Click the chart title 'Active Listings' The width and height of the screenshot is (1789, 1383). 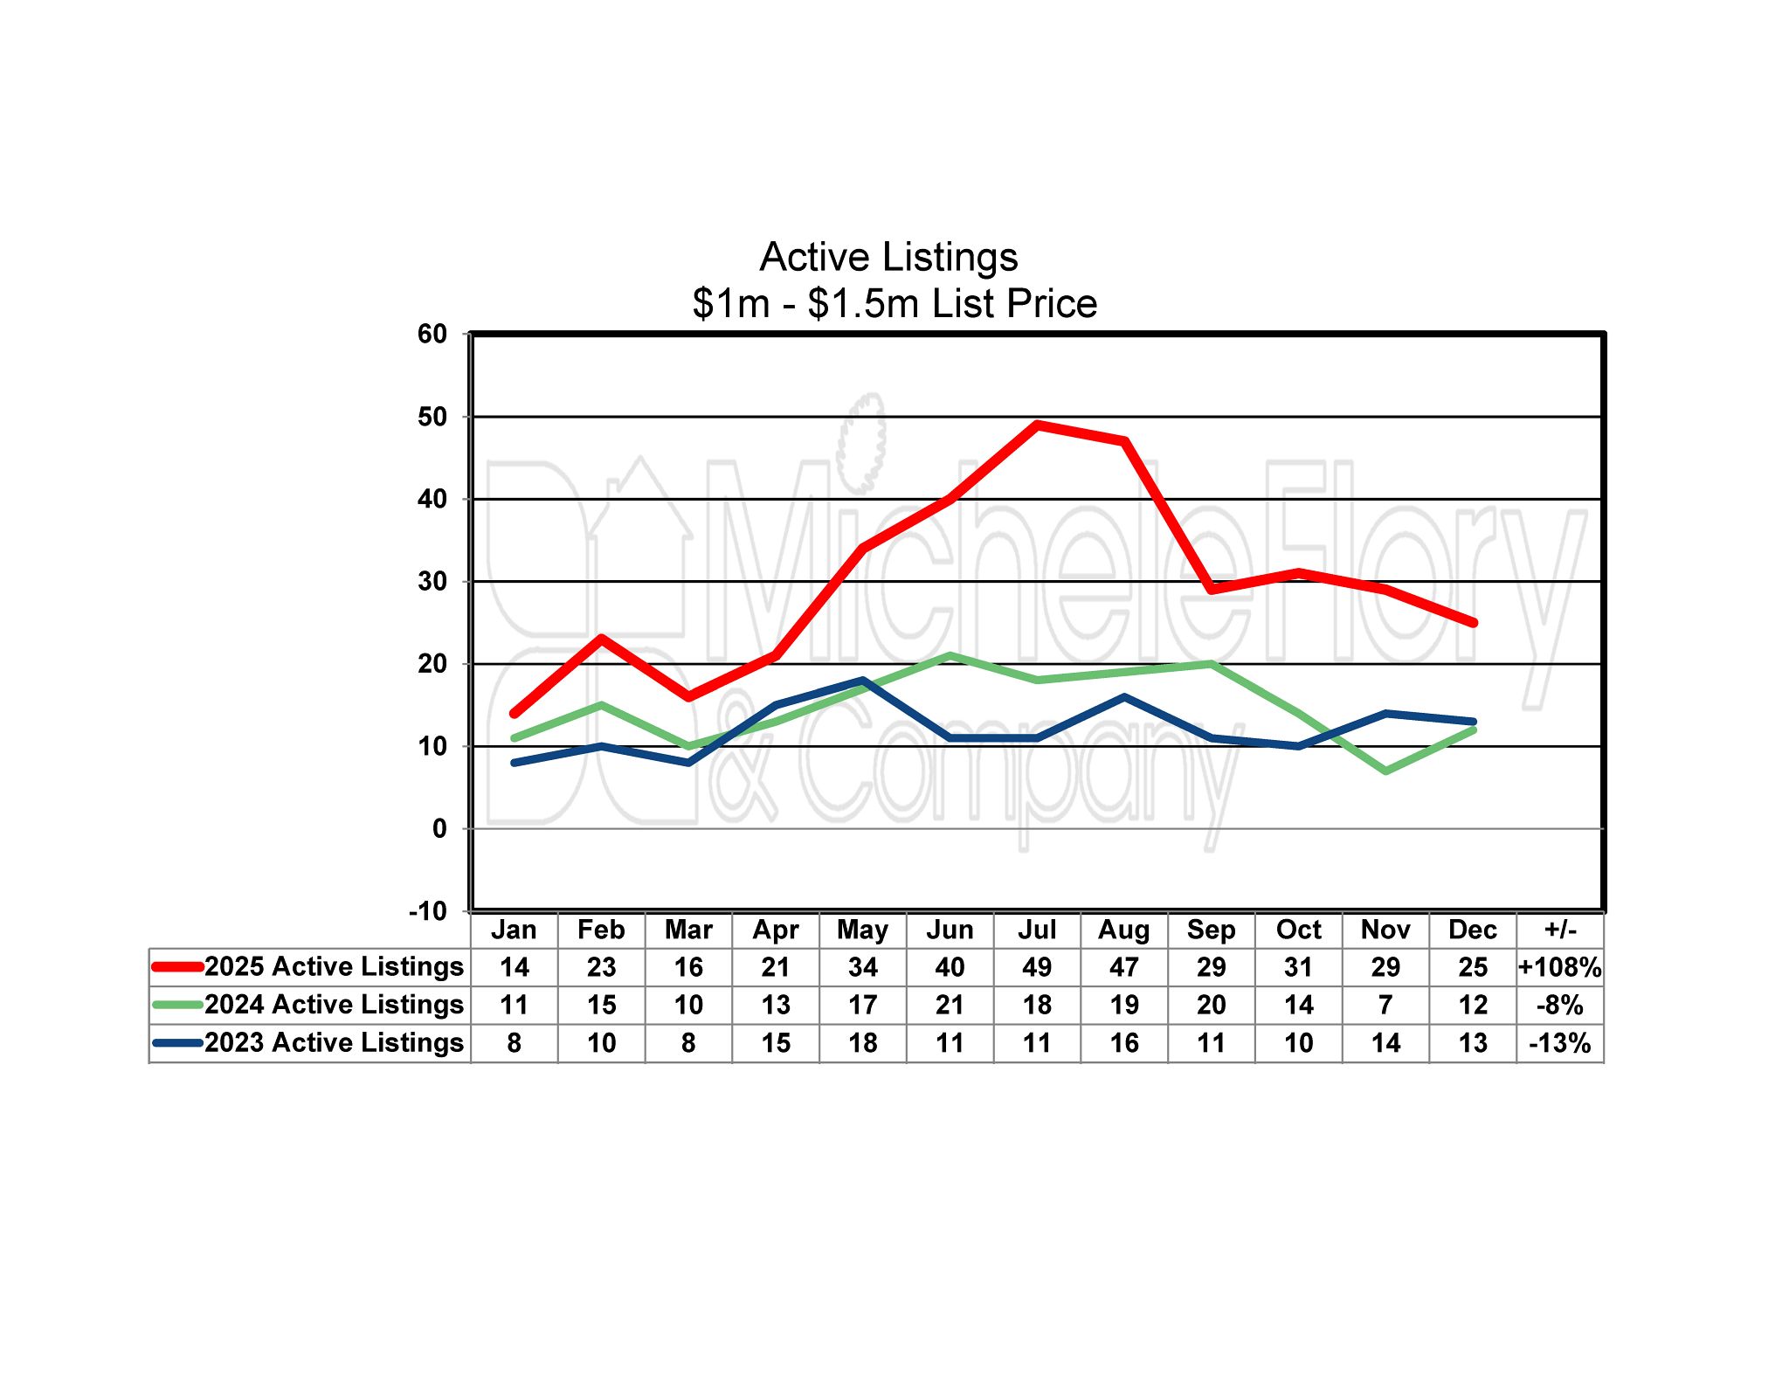pyautogui.click(x=888, y=257)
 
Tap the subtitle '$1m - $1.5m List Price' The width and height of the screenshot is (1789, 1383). pyautogui.click(x=894, y=304)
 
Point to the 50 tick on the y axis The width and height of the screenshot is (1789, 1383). pyautogui.click(x=432, y=417)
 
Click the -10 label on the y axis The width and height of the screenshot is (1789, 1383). pyautogui.click(x=428, y=911)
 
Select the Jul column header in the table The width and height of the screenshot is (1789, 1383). pyautogui.click(x=1037, y=930)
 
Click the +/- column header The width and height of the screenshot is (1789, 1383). pyautogui.click(x=1560, y=930)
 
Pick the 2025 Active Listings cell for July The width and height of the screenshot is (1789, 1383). pyautogui.click(x=1037, y=967)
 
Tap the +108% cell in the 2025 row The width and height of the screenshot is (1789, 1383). pyautogui.click(x=1560, y=967)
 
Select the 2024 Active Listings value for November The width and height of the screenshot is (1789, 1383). pyautogui.click(x=1385, y=1005)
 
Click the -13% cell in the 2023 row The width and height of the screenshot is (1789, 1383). pyautogui.click(x=1560, y=1043)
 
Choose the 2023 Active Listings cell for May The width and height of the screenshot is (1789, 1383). pyautogui.click(x=863, y=1043)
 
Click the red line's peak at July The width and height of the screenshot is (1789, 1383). pyautogui.click(x=1037, y=425)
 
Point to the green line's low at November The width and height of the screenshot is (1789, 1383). pyautogui.click(x=1386, y=771)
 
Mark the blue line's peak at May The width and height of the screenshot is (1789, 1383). pyautogui.click(x=863, y=681)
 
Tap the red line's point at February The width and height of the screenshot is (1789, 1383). pyautogui.click(x=602, y=639)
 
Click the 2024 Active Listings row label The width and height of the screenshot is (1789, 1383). pyautogui.click(x=334, y=1005)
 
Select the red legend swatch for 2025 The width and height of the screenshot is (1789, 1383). pyautogui.click(x=178, y=966)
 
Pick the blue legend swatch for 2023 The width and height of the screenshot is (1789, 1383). pyautogui.click(x=178, y=1042)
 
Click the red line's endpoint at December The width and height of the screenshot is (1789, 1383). pyautogui.click(x=1474, y=623)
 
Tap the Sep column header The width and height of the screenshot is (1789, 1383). pyautogui.click(x=1212, y=930)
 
